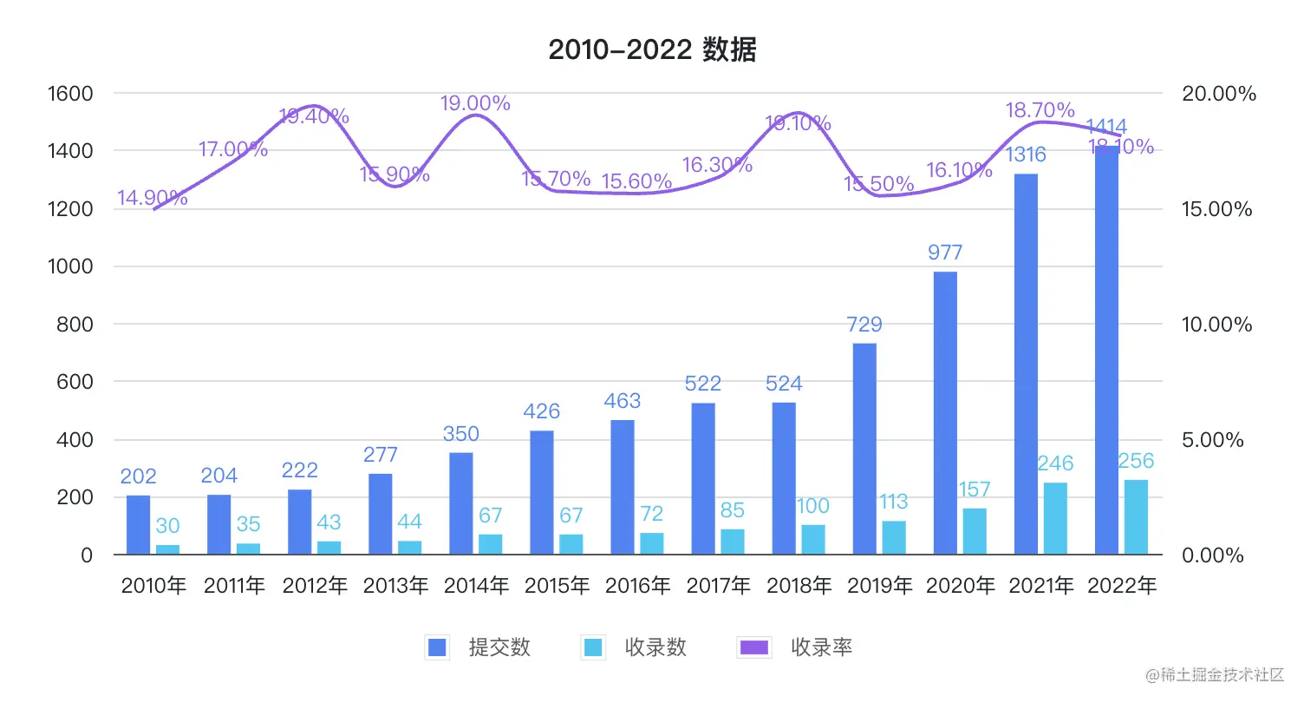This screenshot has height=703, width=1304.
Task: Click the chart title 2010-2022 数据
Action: [x=652, y=51]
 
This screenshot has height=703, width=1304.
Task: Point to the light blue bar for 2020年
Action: [x=975, y=530]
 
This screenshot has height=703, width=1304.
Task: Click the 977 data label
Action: [x=945, y=253]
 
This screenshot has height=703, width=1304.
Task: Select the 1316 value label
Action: [x=1026, y=155]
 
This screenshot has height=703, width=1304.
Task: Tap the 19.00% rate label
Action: [x=475, y=103]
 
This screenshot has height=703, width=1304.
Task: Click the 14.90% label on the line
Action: [x=153, y=198]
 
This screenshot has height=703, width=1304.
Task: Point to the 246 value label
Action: [x=1055, y=463]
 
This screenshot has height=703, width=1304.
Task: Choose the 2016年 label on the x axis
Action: [x=637, y=586]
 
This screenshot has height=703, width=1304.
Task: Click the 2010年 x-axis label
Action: [x=153, y=586]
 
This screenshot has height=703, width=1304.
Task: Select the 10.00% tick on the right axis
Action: [x=1217, y=325]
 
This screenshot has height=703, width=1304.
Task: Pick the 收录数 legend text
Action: [x=655, y=647]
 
